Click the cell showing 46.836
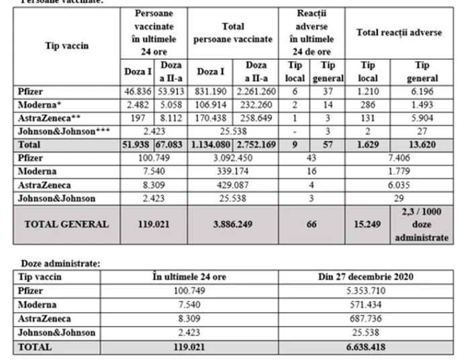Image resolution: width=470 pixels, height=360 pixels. [138, 91]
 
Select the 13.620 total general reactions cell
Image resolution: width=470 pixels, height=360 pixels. [421, 144]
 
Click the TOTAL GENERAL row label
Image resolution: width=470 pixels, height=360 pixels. [66, 224]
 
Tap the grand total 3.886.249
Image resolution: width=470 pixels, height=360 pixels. [234, 224]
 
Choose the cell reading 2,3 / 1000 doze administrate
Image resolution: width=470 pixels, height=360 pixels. [421, 224]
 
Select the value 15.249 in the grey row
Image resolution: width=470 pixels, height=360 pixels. [369, 224]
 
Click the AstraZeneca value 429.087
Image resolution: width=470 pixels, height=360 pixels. [234, 185]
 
